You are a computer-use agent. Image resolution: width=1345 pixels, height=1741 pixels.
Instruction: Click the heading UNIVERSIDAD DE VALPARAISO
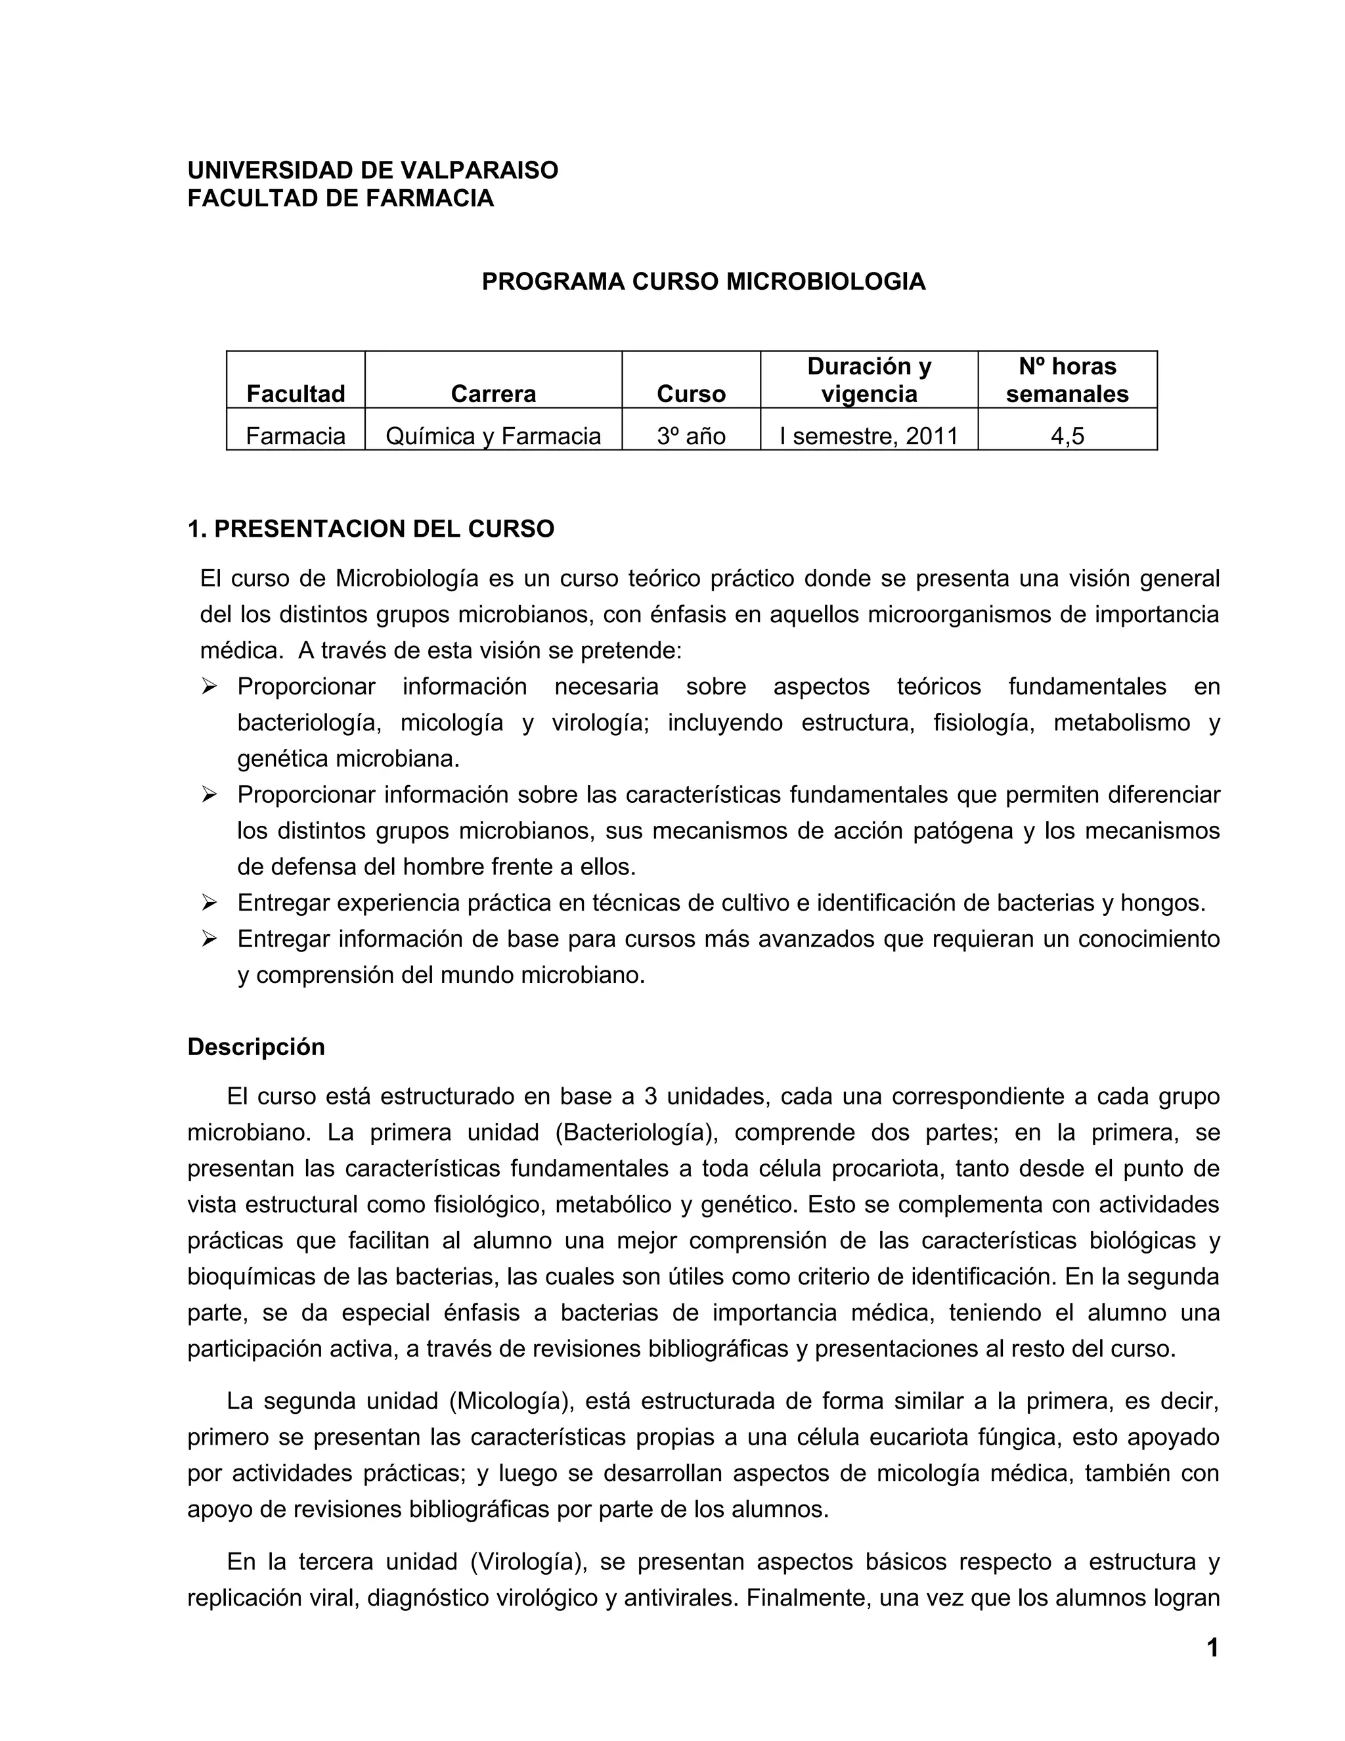pos(373,170)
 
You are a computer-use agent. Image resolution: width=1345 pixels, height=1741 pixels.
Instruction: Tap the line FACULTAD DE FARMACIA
pos(340,198)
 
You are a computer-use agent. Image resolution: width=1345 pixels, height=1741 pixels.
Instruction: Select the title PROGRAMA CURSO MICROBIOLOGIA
pos(703,281)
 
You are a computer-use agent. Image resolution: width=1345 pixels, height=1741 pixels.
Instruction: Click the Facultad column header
pos(296,393)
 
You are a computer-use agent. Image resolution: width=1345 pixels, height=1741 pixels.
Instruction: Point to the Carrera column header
pos(493,393)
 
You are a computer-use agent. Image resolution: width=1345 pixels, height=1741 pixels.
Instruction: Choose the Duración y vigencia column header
pos(870,380)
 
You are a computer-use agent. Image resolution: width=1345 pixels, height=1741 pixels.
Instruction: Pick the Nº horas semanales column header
pos(1067,380)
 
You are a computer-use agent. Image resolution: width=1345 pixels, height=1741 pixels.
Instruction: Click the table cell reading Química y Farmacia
pos(493,436)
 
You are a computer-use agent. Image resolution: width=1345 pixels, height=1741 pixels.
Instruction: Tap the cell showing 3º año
pos(691,436)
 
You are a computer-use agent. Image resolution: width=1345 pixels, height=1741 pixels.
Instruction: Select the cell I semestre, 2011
pos(870,436)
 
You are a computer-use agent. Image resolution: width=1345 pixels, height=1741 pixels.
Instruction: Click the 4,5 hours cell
pos(1067,436)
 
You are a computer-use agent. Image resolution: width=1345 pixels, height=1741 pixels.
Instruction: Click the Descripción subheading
pos(255,1047)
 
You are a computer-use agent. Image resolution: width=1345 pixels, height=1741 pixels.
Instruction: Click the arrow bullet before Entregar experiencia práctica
pos(209,903)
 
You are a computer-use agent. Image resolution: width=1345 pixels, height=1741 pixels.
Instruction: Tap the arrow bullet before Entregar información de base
pos(209,938)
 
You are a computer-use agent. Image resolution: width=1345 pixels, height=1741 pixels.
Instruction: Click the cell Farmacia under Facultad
pos(296,436)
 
